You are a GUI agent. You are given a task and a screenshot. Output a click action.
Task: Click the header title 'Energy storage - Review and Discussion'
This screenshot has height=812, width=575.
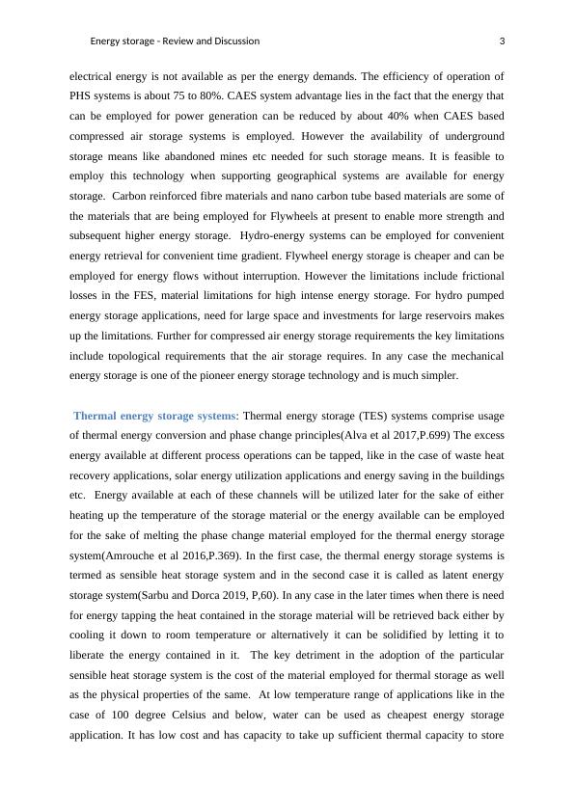pos(175,41)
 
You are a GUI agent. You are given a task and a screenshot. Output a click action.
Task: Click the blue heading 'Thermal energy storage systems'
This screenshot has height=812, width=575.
pos(154,416)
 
